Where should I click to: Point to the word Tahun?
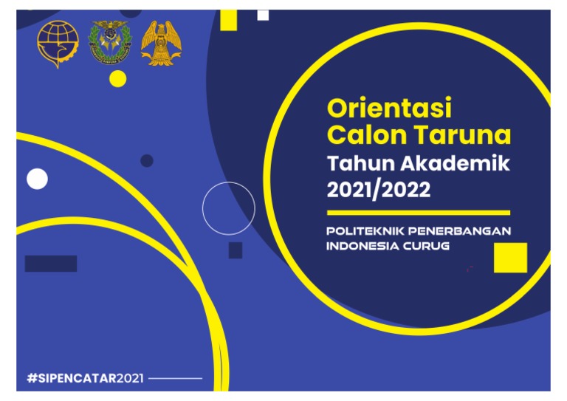point(357,163)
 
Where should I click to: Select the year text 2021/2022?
point(378,190)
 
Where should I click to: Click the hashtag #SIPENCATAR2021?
point(86,378)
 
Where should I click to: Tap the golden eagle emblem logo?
point(162,42)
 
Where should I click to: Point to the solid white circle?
point(37,179)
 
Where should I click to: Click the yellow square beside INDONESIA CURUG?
point(510,257)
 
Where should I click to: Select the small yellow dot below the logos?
point(118,78)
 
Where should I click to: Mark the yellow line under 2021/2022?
point(418,212)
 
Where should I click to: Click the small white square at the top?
point(263,15)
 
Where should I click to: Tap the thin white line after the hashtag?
point(175,378)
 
